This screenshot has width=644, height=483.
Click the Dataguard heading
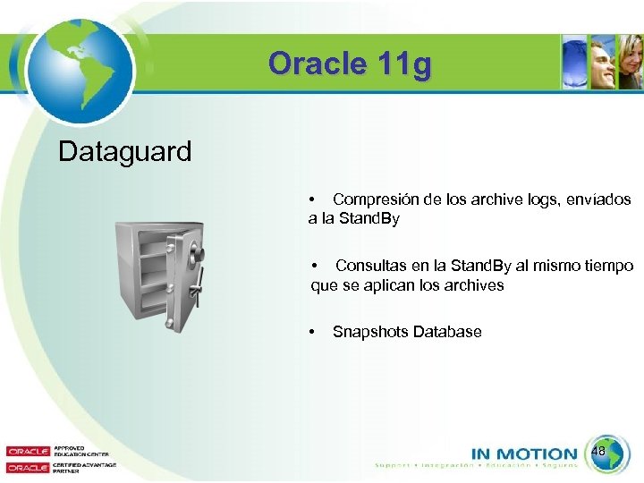click(x=124, y=151)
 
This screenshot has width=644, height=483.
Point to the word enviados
click(x=599, y=199)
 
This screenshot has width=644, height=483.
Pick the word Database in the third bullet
click(x=447, y=332)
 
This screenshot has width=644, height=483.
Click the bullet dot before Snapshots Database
click(x=311, y=332)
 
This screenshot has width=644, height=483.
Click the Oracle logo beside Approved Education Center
click(x=28, y=452)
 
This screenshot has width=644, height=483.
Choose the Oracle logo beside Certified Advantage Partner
click(x=28, y=467)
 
